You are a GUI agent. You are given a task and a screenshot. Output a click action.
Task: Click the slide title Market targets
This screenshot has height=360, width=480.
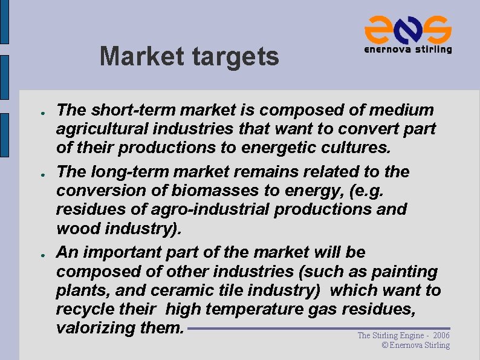pos(189,57)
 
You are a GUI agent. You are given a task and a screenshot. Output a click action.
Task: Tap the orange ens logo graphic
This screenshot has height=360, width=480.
pos(407,29)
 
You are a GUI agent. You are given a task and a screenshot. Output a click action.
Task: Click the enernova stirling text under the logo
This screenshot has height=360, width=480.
pos(407,50)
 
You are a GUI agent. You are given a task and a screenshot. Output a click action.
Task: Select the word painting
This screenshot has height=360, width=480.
pos(404,272)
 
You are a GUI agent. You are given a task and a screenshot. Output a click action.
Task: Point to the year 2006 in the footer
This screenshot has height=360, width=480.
pos(441,335)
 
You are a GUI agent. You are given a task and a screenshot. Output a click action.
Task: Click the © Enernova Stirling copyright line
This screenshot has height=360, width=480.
pos(416,345)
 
